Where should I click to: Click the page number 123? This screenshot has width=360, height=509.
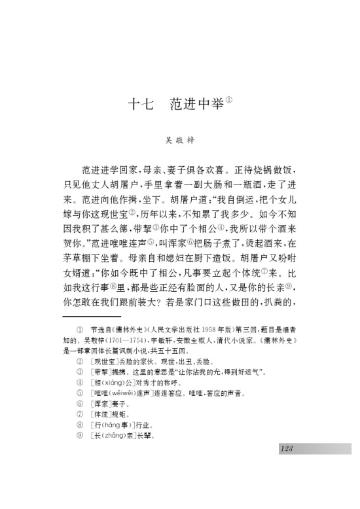tap(286, 448)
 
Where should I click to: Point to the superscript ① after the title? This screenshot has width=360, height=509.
tap(229, 100)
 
